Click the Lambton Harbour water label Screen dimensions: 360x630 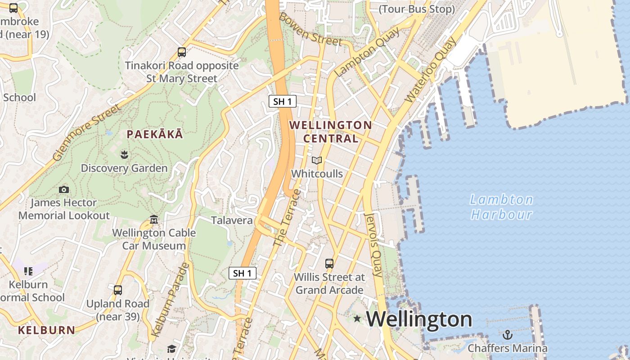point(501,207)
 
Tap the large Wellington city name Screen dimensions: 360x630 point(419,319)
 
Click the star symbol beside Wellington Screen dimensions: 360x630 point(357,319)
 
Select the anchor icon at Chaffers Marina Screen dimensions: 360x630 point(508,335)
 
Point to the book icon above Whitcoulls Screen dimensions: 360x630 point(317,161)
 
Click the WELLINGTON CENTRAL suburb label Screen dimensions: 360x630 point(331,131)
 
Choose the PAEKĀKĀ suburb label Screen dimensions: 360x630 point(155,134)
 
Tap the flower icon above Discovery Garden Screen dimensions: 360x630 point(124,155)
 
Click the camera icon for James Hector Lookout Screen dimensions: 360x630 point(64,189)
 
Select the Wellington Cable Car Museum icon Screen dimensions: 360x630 point(154,220)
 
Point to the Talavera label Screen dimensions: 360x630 point(232,220)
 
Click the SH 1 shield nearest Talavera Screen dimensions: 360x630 point(242,273)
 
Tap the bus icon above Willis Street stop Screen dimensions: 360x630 point(329,264)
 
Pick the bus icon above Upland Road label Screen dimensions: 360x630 point(118,290)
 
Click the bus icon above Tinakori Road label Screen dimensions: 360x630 point(182,52)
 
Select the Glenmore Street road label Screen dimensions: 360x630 point(87,132)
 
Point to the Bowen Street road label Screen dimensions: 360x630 point(310,29)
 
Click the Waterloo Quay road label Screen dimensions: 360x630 point(430,70)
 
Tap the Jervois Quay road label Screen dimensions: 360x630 point(373,245)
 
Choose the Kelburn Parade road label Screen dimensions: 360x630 point(171,300)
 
